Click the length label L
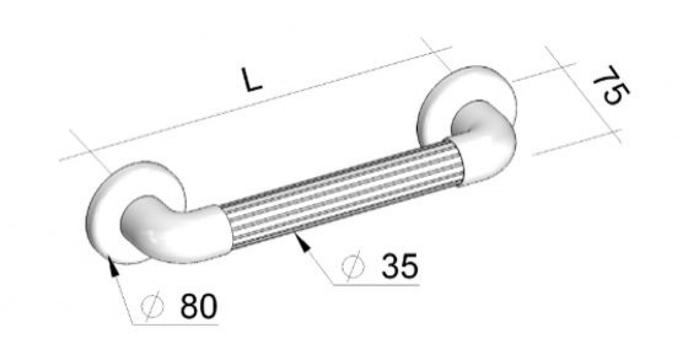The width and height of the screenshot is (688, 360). [x=252, y=80]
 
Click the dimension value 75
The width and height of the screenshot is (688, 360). [x=610, y=86]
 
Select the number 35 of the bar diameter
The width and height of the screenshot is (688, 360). [x=400, y=266]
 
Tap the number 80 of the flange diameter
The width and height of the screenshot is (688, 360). [x=198, y=306]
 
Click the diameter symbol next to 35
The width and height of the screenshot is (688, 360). [x=354, y=266]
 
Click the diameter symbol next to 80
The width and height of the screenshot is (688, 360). [x=153, y=307]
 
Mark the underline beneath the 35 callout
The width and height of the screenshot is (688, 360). [x=376, y=285]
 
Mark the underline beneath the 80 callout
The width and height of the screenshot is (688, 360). [x=175, y=325]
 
